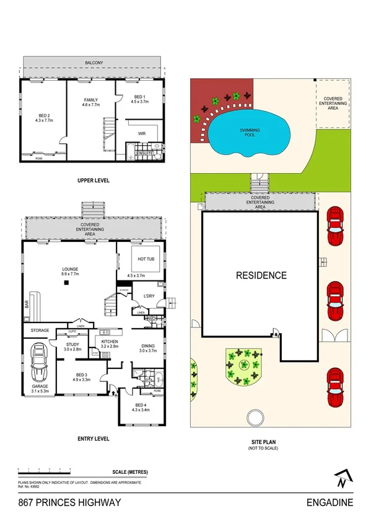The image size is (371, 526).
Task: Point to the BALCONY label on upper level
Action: (x=94, y=63)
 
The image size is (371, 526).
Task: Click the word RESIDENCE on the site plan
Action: (x=260, y=275)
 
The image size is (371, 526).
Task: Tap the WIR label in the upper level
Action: (x=141, y=132)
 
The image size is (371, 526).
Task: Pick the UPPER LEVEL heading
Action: (x=94, y=181)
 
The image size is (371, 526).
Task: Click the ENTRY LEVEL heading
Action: (x=94, y=439)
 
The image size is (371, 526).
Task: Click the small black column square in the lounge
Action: (x=66, y=283)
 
